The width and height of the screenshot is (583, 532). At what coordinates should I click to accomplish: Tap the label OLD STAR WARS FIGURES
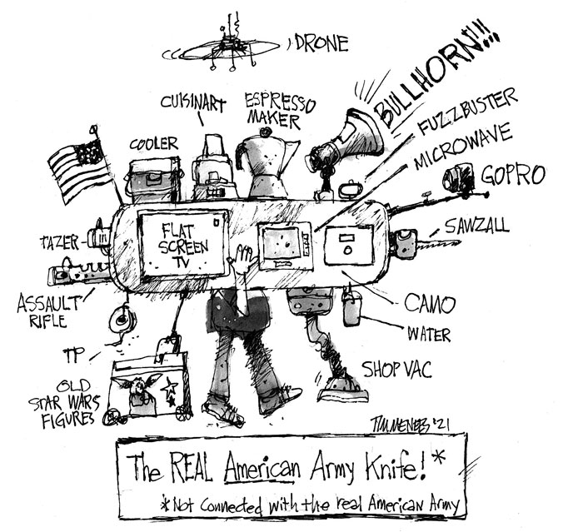pyautogui.click(x=72, y=401)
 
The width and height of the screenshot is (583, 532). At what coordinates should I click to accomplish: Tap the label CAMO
pyautogui.click(x=426, y=302)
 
